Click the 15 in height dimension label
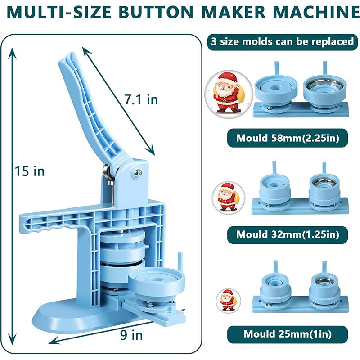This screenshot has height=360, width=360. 30,171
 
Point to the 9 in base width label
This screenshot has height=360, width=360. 132,335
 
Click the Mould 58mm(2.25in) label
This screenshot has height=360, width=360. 287,138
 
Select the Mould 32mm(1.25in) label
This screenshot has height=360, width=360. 287,234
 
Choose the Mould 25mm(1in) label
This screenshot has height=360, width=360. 287,334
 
